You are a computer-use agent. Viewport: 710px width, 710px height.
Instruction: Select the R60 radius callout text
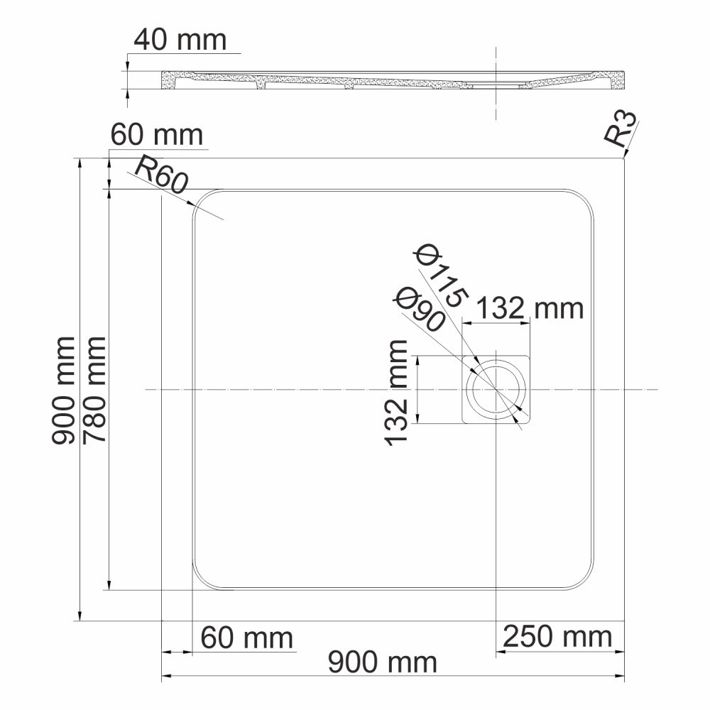(x=160, y=177)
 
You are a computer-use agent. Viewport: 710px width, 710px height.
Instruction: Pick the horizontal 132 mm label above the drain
(x=529, y=308)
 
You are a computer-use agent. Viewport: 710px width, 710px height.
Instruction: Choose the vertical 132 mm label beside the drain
(x=398, y=392)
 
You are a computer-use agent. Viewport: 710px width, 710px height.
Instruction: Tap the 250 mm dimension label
(x=557, y=636)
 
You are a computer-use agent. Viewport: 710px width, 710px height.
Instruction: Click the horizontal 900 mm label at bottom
(x=382, y=663)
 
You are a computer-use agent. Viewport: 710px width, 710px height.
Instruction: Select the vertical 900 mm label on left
(x=64, y=389)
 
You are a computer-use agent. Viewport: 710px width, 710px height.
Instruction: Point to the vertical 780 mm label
(x=94, y=389)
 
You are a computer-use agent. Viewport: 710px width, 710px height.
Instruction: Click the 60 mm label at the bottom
(x=246, y=637)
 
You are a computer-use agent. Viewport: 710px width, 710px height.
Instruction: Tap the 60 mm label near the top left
(x=157, y=133)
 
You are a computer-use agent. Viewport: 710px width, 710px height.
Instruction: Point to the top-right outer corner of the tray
(x=623, y=159)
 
